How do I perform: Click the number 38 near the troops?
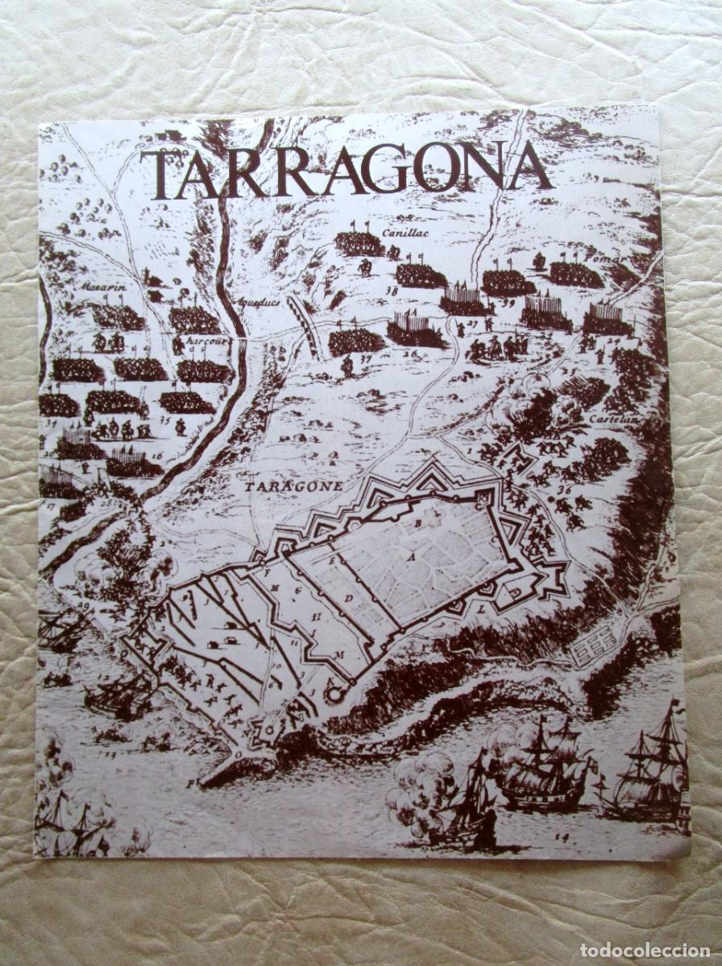tap(392, 291)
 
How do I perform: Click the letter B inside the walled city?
tap(418, 522)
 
